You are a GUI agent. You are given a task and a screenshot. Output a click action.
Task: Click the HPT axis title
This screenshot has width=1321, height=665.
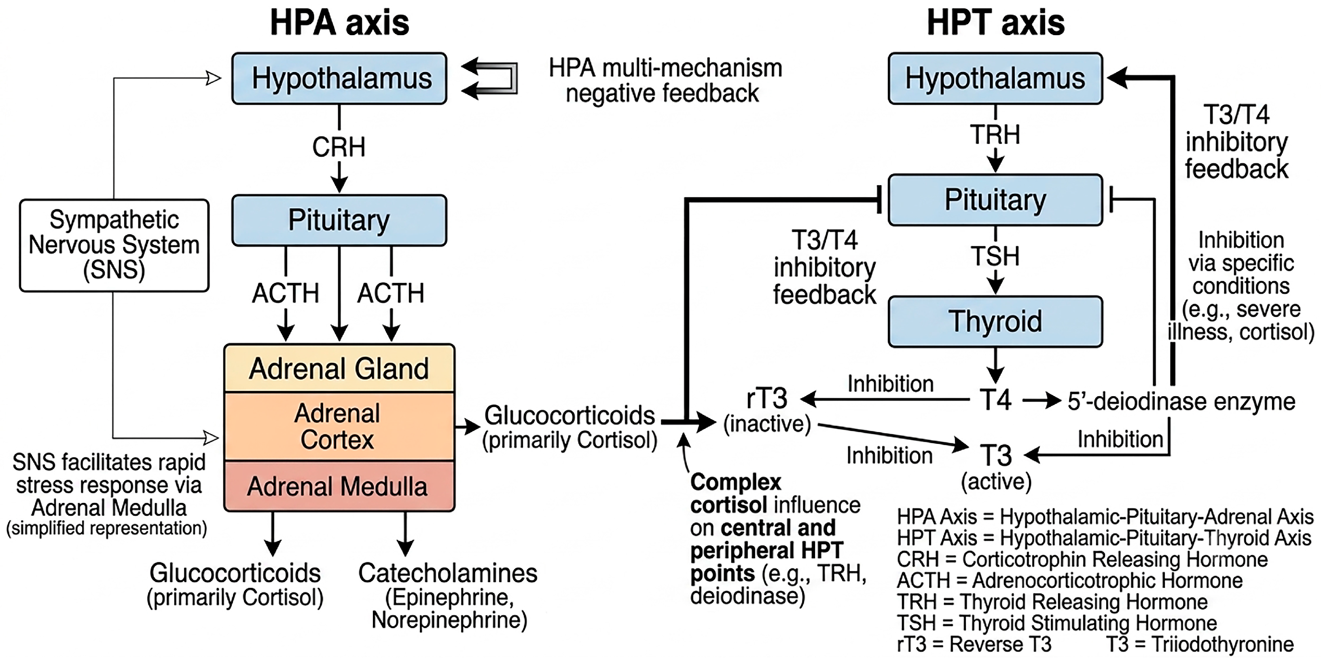pos(996,23)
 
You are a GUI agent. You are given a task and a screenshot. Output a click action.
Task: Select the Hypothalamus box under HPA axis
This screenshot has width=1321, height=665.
pos(339,78)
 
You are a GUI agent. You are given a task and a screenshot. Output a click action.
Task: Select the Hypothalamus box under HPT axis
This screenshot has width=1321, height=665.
pos(995,78)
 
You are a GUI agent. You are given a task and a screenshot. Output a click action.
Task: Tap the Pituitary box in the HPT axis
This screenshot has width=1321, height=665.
pos(995,200)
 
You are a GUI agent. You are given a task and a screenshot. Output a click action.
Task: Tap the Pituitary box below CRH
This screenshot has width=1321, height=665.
pos(339,220)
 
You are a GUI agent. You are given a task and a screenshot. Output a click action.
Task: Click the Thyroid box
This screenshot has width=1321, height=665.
pos(995,321)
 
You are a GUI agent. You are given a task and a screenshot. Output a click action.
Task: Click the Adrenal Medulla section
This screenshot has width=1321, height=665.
pos(339,486)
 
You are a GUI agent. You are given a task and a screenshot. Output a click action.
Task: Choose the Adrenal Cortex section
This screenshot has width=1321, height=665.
pos(339,426)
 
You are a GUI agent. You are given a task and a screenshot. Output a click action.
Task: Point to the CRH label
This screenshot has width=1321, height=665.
pos(339,147)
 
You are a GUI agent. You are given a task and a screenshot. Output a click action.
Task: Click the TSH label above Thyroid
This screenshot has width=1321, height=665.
pos(995,256)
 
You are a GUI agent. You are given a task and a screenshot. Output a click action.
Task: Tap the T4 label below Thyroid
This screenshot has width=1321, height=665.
pos(995,400)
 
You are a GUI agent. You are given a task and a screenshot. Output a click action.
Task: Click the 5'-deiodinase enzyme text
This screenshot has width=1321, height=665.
pos(1181,401)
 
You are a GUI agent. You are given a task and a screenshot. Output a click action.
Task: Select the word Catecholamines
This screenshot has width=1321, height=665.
pos(448,573)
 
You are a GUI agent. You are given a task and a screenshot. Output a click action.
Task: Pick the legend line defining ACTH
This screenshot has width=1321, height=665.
pos(1070,581)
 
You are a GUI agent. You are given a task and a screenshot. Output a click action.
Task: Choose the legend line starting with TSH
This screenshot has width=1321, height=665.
pos(1057,623)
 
